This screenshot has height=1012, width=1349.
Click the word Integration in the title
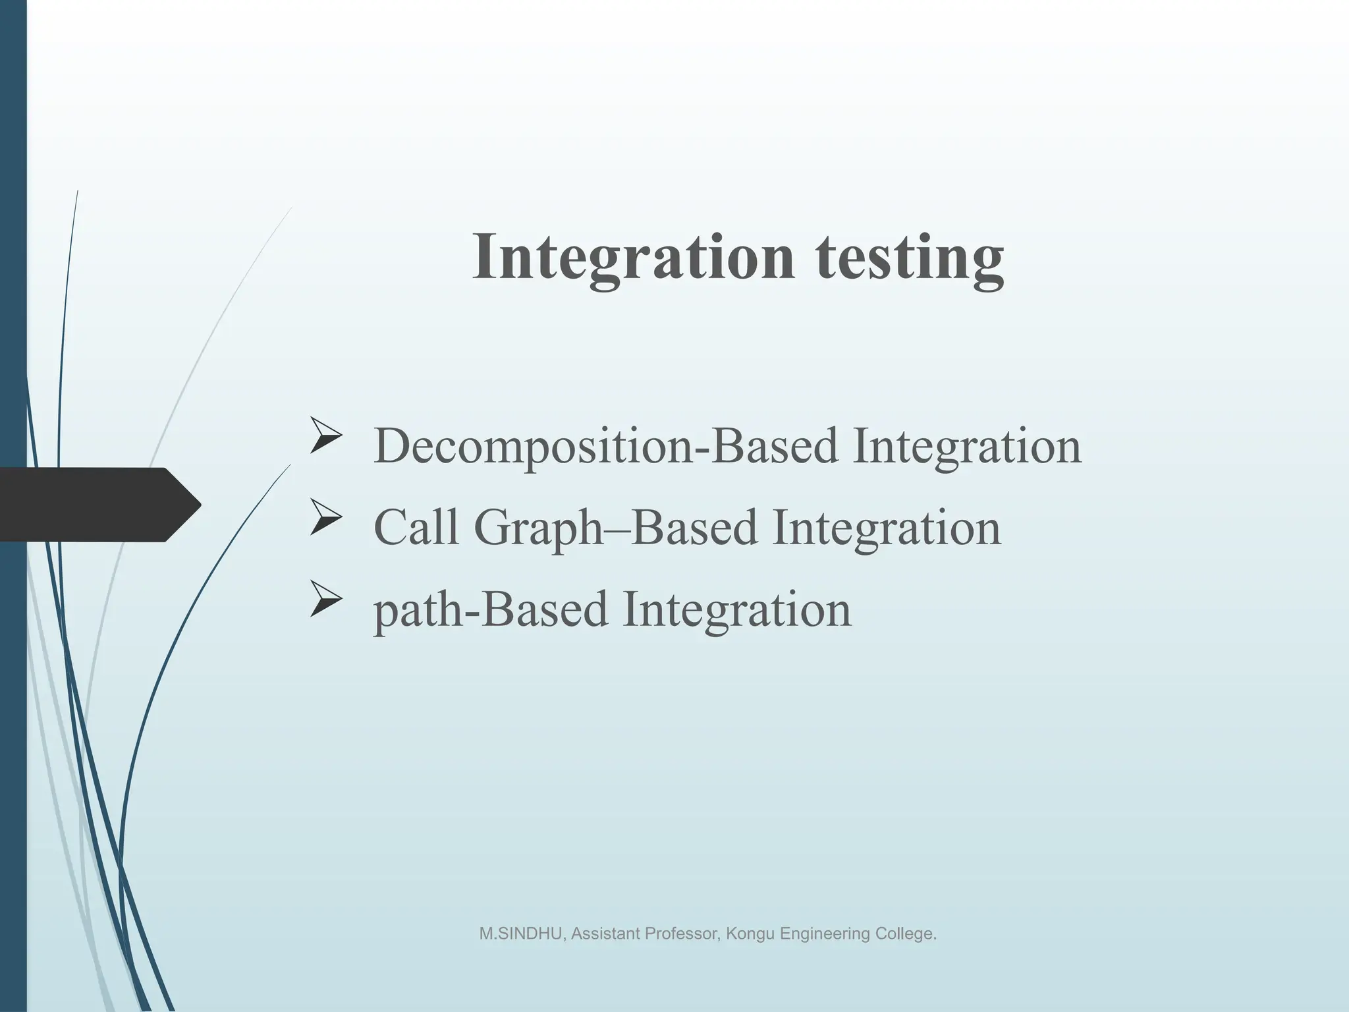633,258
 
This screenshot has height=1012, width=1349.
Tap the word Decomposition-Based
606,447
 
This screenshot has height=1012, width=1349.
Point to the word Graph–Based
615,528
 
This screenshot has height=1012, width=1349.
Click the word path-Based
490,609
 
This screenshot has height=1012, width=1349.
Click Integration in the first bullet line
967,447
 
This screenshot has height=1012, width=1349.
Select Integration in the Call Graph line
887,528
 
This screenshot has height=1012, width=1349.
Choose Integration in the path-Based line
736,609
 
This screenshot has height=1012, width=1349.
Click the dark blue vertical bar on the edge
13,198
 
